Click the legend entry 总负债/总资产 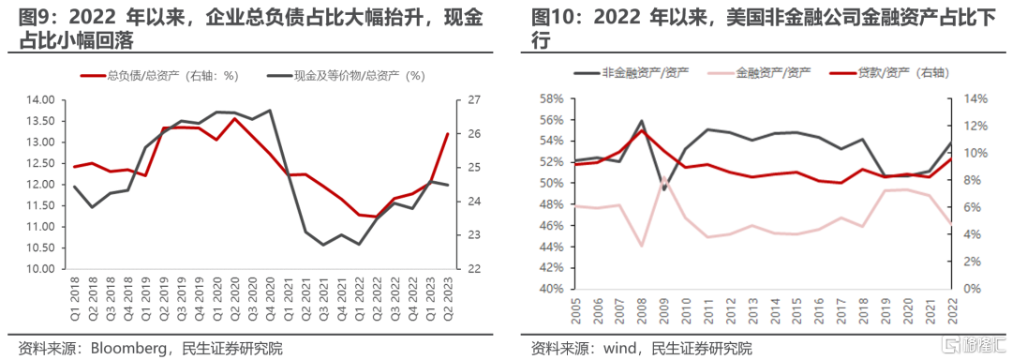point(160,76)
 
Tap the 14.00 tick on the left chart point(42,100)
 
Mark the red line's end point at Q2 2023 point(447,133)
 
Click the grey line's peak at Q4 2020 point(269,111)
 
